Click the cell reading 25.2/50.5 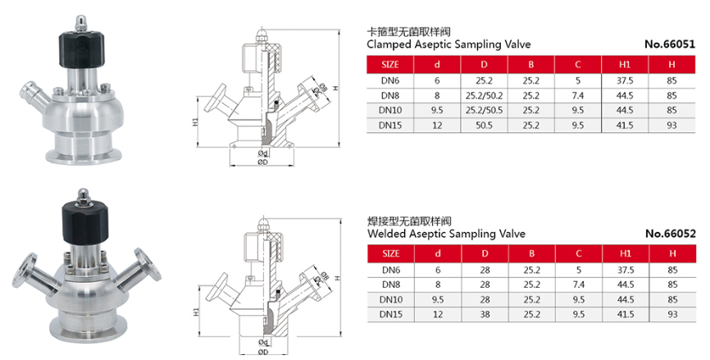coord(484,110)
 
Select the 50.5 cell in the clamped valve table coord(484,125)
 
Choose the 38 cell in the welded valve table coord(484,314)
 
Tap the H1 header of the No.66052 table coord(624,254)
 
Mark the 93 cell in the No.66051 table coord(671,125)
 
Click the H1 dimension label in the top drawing coord(196,123)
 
